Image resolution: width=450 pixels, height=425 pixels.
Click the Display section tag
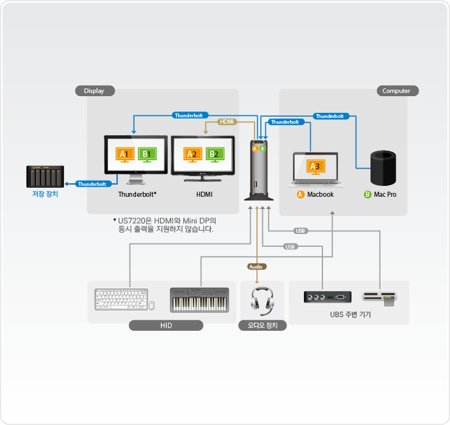(94, 91)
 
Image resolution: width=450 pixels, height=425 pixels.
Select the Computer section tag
(396, 91)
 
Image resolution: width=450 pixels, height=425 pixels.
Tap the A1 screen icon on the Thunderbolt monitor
(124, 154)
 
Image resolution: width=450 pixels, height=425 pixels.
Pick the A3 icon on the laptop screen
(314, 166)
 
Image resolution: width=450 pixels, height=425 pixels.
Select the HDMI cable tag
(228, 121)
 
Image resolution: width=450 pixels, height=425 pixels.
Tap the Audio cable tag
(256, 266)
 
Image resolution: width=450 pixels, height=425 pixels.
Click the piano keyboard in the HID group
(199, 300)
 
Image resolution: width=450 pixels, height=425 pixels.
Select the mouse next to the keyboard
(152, 305)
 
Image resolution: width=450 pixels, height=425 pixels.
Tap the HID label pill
(165, 326)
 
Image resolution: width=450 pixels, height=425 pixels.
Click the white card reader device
(379, 296)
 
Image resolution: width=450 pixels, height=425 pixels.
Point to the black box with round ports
(326, 297)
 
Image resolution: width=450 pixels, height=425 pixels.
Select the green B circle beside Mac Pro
(368, 194)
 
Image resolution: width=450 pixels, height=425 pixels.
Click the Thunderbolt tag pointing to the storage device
(91, 184)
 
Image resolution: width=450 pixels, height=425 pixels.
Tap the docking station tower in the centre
(259, 172)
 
